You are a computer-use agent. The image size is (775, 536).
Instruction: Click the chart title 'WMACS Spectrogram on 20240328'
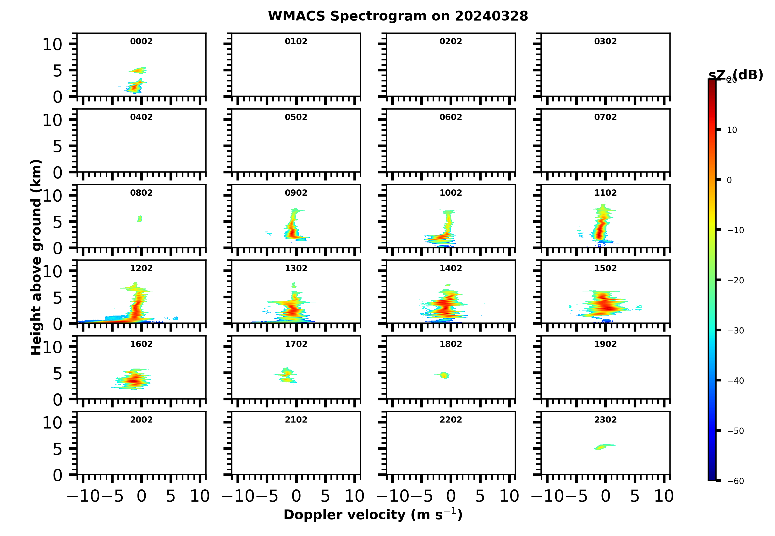(x=398, y=16)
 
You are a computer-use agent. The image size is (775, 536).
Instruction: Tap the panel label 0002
(x=141, y=41)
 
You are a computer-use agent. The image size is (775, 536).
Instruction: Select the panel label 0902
(x=296, y=193)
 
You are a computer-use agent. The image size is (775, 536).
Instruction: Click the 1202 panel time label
(x=141, y=268)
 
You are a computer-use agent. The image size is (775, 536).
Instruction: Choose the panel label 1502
(x=605, y=268)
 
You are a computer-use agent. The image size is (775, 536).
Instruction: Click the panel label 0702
(x=605, y=117)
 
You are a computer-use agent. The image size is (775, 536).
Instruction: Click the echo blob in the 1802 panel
(x=445, y=375)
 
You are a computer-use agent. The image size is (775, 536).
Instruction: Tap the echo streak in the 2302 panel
(x=604, y=447)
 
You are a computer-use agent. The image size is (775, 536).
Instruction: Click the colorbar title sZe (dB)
(x=736, y=75)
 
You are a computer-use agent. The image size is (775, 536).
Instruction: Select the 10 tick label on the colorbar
(x=732, y=130)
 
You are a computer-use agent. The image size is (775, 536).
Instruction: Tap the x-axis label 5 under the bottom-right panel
(x=634, y=496)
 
